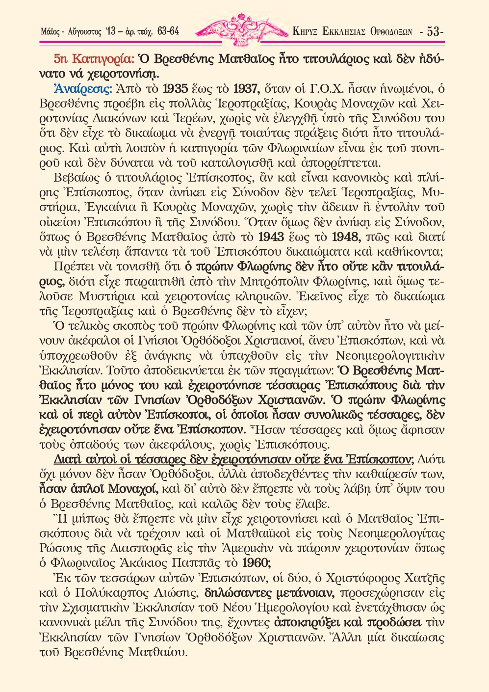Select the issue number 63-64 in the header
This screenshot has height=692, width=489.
click(x=168, y=31)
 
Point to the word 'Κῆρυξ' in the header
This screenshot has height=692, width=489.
click(x=305, y=32)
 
